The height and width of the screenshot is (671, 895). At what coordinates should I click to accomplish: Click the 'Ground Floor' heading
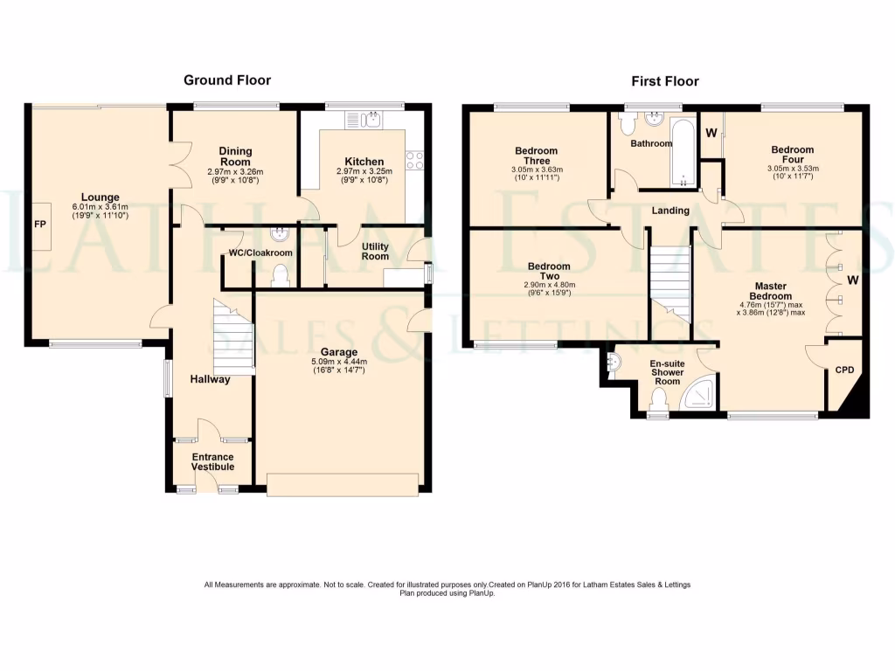coord(227,80)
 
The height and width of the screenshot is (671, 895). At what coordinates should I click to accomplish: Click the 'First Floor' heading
coord(665,81)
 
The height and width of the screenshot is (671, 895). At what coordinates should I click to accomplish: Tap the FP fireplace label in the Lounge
coord(40,225)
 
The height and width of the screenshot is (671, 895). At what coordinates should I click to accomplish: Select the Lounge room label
coord(101,197)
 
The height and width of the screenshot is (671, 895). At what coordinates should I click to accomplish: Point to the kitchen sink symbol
coord(372,118)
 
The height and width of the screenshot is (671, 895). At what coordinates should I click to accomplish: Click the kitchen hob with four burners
coord(414,161)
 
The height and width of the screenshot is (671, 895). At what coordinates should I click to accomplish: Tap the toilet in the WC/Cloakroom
coord(281,276)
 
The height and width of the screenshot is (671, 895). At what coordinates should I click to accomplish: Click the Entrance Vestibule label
coord(213,461)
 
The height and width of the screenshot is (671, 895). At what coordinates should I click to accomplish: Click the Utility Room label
coord(376,252)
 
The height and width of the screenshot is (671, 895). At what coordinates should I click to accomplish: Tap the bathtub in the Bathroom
coord(681,154)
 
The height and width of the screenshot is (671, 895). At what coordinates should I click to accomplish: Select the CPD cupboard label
coord(844,370)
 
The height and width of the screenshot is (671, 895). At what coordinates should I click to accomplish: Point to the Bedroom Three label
coord(537,156)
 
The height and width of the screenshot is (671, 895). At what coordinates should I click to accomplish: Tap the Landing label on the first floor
coord(670,211)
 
